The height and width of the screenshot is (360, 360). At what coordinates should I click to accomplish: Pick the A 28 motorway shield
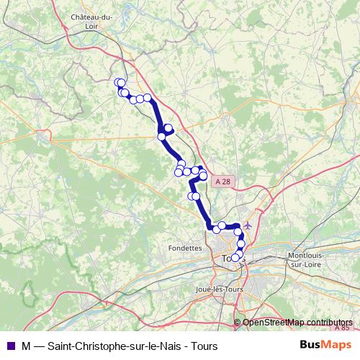[x=224, y=182]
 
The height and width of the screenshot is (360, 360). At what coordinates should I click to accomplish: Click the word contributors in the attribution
[x=328, y=323]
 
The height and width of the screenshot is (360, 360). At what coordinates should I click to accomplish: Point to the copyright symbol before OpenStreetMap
[x=238, y=323]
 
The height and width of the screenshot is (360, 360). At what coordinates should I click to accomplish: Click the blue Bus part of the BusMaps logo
[x=312, y=344]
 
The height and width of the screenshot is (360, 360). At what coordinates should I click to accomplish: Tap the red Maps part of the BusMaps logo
[x=337, y=344]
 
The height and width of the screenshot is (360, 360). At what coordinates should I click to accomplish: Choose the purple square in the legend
[x=9, y=345]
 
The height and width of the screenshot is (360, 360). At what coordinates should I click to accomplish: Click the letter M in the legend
[x=26, y=345]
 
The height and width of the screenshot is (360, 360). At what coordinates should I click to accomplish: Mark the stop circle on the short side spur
[x=168, y=128]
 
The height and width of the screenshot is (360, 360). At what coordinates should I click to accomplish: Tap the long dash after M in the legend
[x=40, y=345]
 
